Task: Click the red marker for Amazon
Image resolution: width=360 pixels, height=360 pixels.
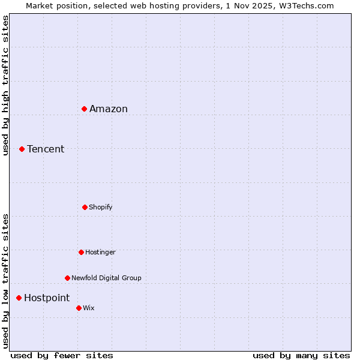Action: (x=85, y=109)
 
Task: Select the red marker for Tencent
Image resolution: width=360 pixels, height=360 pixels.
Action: (x=22, y=149)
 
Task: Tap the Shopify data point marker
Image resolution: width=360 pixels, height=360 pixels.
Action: (x=85, y=207)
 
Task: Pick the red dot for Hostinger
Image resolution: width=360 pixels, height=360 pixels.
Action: (x=81, y=252)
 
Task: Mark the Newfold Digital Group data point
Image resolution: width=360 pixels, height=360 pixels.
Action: (x=67, y=278)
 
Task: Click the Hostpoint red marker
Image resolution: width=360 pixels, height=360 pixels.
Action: (x=19, y=298)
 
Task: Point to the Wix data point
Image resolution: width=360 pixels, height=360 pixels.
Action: (x=79, y=308)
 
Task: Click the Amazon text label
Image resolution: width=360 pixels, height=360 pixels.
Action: (x=109, y=109)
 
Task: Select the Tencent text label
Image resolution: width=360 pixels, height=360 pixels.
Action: (x=46, y=149)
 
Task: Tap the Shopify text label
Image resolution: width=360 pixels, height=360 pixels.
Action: (x=101, y=207)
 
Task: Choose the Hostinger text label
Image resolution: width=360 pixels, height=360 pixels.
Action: (x=100, y=252)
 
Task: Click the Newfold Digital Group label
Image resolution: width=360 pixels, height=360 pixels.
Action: (x=106, y=278)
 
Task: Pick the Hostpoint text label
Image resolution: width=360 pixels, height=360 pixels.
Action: (x=47, y=298)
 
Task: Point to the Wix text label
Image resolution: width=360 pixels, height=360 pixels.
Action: (x=89, y=308)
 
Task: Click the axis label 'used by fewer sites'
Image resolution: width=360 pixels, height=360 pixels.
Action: (x=62, y=355)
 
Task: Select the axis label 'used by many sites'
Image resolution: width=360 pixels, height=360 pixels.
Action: (x=301, y=355)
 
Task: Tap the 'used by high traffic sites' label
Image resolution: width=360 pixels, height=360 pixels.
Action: (x=6, y=85)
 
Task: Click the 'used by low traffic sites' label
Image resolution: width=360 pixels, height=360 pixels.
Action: (x=6, y=281)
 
